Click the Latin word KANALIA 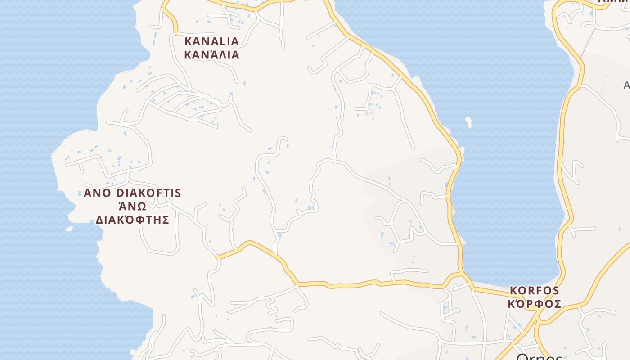click(x=211, y=41)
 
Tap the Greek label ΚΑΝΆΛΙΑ click(x=211, y=55)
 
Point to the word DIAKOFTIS click(x=148, y=193)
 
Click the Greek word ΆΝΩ click(x=132, y=207)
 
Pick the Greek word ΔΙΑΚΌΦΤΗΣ click(x=132, y=220)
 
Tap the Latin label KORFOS click(x=534, y=291)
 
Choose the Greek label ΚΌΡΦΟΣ click(x=534, y=304)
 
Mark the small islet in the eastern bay click(x=468, y=122)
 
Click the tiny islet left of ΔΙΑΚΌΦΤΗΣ click(x=69, y=229)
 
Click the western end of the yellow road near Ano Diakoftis click(x=217, y=257)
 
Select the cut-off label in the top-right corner click(x=614, y=2)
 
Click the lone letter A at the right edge click(x=626, y=85)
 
